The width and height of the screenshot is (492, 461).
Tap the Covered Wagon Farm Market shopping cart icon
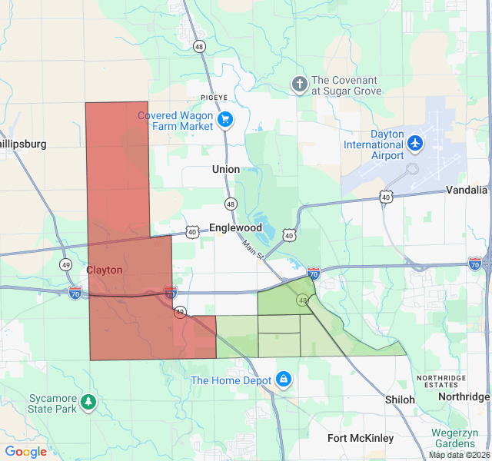(x=225, y=119)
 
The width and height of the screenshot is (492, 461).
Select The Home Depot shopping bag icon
(x=284, y=379)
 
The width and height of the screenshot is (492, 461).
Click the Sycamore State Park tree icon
(x=89, y=401)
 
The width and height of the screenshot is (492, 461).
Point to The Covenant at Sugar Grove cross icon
(x=299, y=83)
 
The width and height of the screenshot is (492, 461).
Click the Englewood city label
(x=235, y=228)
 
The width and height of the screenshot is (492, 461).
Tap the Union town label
(x=226, y=169)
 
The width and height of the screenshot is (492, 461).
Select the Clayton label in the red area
(x=104, y=270)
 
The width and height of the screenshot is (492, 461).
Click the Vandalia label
(x=467, y=190)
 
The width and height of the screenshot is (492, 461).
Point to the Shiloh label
(x=400, y=400)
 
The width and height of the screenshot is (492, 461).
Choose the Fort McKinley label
(x=361, y=438)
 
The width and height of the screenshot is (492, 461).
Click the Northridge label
(x=464, y=396)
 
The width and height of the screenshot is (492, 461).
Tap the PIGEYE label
(x=214, y=98)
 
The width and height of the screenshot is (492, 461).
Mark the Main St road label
(x=253, y=249)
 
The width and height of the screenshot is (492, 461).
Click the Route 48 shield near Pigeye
(x=200, y=46)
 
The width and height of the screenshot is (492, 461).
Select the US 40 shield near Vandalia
(x=385, y=197)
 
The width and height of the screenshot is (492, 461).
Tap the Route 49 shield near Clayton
(x=67, y=265)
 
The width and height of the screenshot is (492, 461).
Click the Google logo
(x=25, y=452)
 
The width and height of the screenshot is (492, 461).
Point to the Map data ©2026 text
(x=458, y=455)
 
